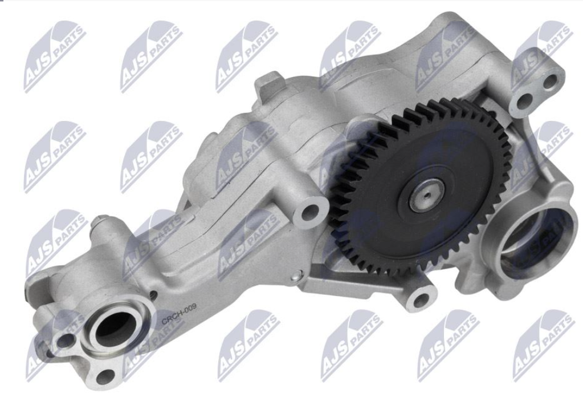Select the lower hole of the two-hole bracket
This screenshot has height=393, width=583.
[525, 100]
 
